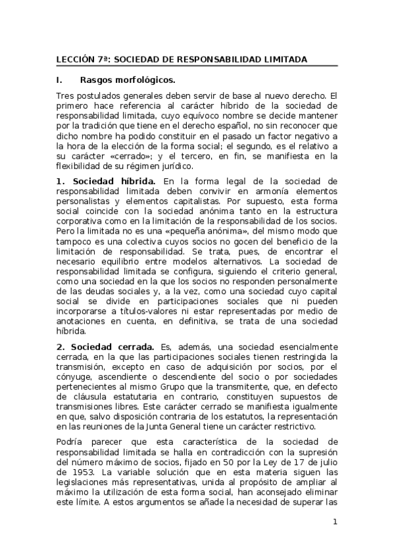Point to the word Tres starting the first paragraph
point(66,95)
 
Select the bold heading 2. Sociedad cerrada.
point(105,346)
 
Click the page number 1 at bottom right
point(335,522)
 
